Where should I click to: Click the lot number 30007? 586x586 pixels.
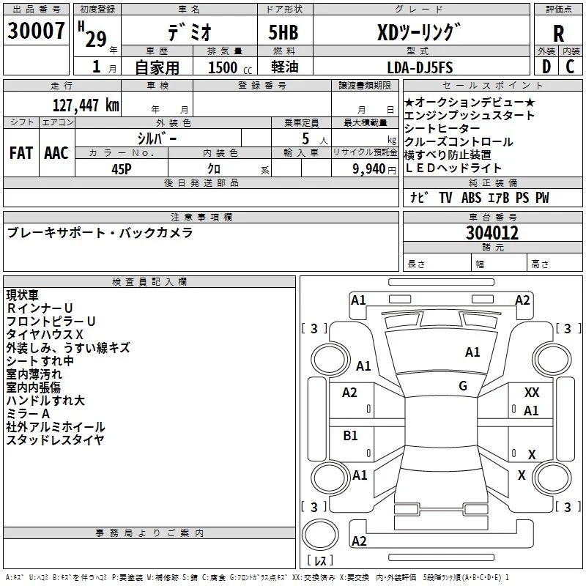[x=36, y=31]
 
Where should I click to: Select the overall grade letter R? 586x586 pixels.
[x=558, y=34]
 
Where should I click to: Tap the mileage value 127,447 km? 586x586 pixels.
[x=86, y=105]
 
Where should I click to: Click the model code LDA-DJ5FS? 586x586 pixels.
[x=420, y=67]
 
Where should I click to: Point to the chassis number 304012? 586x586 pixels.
[x=492, y=233]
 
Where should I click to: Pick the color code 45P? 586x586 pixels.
[x=122, y=169]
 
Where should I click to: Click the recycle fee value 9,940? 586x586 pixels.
[x=369, y=169]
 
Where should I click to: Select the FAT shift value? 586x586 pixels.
[x=21, y=153]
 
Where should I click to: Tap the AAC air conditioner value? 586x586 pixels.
[x=56, y=153]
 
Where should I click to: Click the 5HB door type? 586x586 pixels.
[x=283, y=32]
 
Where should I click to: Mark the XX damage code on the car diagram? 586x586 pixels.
[x=532, y=393]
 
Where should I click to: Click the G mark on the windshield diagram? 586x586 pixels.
[x=463, y=385]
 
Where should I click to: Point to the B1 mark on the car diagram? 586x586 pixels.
[x=350, y=435]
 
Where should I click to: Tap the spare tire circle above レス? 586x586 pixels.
[x=320, y=535]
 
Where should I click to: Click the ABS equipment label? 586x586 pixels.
[x=471, y=198]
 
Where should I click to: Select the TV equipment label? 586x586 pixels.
[x=445, y=198]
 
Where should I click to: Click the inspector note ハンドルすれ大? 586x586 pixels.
[x=45, y=401]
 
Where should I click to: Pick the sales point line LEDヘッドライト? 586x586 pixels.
[x=453, y=168]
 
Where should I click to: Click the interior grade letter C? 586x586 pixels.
[x=570, y=67]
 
